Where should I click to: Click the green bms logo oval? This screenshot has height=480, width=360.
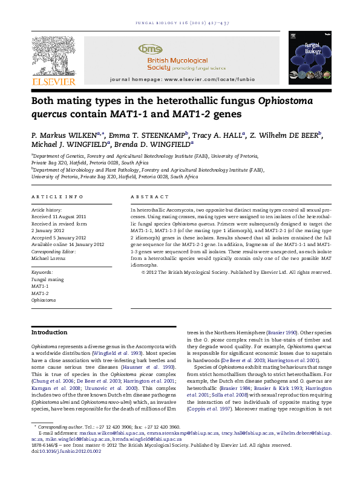click(x=151, y=48)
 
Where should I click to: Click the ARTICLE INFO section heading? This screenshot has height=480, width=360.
click(x=51, y=197)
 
